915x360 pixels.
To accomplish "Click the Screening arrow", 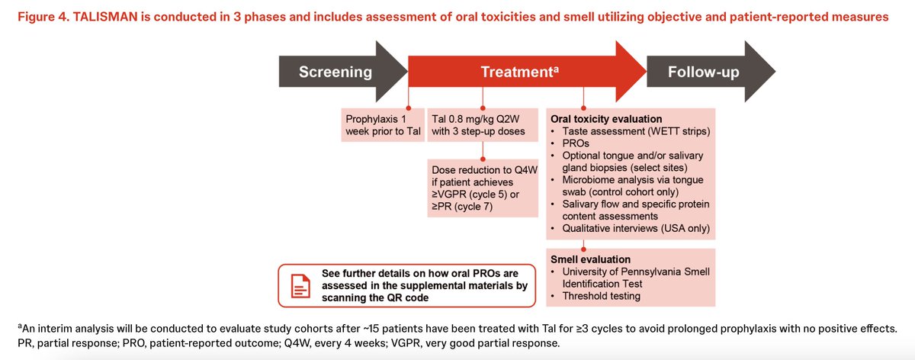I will (x=335, y=72).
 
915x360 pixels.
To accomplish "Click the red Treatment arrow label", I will (x=519, y=72).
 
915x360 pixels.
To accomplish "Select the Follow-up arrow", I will (x=702, y=72).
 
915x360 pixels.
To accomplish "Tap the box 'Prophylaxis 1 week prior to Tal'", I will (x=382, y=125).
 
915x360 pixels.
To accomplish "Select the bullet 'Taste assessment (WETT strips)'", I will (x=637, y=131).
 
